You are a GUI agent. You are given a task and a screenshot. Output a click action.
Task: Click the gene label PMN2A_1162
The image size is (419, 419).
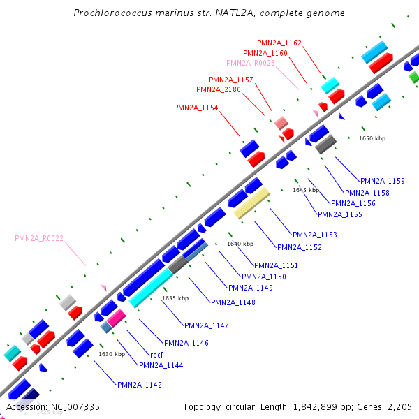pos(279,43)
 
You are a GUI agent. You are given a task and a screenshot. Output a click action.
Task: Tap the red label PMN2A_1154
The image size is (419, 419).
pos(196,108)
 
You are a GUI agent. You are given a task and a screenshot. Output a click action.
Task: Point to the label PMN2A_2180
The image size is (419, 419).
pos(219,89)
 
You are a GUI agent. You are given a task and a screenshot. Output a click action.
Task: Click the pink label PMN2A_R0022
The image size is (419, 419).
pos(39,238)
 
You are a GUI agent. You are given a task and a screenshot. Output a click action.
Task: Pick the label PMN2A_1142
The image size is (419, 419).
pos(140,385)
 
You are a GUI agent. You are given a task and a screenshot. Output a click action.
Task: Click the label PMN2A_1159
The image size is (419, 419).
pos(383,182)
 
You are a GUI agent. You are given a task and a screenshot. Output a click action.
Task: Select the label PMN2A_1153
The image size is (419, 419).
pos(315,235)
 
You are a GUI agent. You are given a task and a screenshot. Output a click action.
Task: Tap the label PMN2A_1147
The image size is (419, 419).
pos(207,325)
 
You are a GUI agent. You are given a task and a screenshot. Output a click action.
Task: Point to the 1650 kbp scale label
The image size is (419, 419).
pos(372,138)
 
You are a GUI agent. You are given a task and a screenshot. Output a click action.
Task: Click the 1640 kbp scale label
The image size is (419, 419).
pos(240,244)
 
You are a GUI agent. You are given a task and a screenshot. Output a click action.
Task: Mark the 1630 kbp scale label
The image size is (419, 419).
pos(112,354)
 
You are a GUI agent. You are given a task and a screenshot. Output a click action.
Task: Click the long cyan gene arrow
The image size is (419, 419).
pos(150,288)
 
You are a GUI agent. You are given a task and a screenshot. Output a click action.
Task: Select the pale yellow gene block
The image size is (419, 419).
pos(251,203)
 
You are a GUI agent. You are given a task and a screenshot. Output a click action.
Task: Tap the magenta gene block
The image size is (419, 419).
pos(116,318)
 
